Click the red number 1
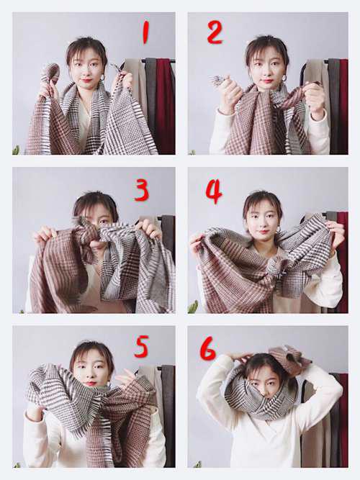coord(145,33)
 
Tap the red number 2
coord(215,33)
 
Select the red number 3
coord(142,191)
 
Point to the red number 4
coord(214,192)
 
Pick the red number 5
coord(142,347)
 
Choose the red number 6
coord(208,348)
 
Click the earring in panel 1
coord(102,78)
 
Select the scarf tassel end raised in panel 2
coord(219,81)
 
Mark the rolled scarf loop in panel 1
coord(50,73)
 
